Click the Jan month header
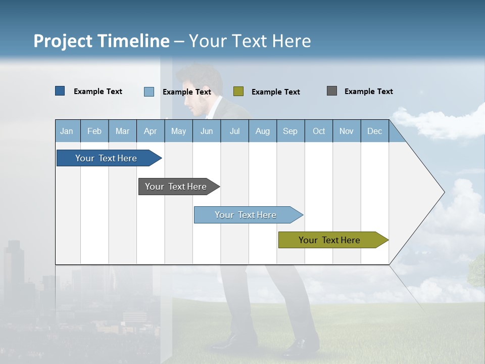pyautogui.click(x=67, y=131)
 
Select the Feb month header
pyautogui.click(x=94, y=131)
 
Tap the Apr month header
pyautogui.click(x=150, y=131)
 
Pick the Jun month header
pyautogui.click(x=207, y=131)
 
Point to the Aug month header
pyautogui.click(x=262, y=131)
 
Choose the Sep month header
pyautogui.click(x=290, y=131)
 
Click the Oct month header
pyautogui.click(x=319, y=131)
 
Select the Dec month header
pyautogui.click(x=374, y=131)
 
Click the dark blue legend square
pyautogui.click(x=60, y=91)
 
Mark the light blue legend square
pyautogui.click(x=149, y=92)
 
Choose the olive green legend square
pyautogui.click(x=238, y=92)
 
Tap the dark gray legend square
pyautogui.click(x=332, y=91)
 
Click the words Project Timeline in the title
pyautogui.click(x=101, y=41)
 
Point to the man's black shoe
pyautogui.click(x=301, y=346)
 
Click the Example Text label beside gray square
pyautogui.click(x=368, y=92)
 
